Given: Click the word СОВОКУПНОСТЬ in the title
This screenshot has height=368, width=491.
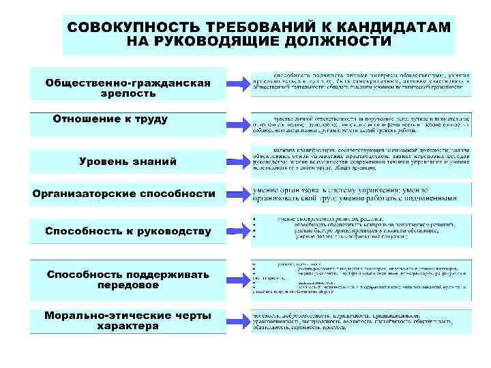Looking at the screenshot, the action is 130,27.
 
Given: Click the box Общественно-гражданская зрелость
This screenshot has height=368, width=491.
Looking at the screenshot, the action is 128,85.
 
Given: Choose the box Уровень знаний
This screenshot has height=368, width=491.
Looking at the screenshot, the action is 128,162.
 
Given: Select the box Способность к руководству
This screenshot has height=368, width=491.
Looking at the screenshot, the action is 128,231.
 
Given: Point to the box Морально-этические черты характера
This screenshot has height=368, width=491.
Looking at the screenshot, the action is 128,321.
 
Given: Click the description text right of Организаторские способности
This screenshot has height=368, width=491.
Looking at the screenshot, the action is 360,194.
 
